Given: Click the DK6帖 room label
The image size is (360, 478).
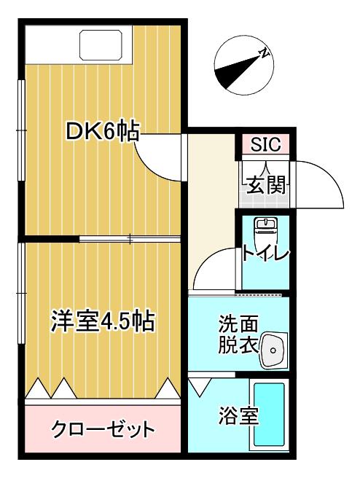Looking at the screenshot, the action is pyautogui.click(x=103, y=131).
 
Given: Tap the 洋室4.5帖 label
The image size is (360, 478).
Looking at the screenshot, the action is pyautogui.click(x=103, y=321).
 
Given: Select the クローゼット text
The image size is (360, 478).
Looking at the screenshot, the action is pyautogui.click(x=103, y=429).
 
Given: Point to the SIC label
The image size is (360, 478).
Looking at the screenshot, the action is pyautogui.click(x=265, y=144).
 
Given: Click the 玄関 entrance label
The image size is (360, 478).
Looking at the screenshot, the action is pyautogui.click(x=266, y=185).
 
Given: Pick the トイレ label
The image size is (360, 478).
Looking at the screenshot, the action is pyautogui.click(x=265, y=254).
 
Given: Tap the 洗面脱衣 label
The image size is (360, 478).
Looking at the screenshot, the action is pyautogui.click(x=239, y=334).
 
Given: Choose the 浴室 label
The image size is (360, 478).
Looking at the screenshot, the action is pyautogui.click(x=239, y=416).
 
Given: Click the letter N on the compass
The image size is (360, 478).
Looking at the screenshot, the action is pyautogui.click(x=264, y=53).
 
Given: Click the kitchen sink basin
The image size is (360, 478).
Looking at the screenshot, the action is pyautogui.click(x=101, y=45).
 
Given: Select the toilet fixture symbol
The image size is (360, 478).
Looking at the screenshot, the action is pyautogui.click(x=266, y=231).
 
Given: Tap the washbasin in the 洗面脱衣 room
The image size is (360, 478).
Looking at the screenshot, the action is pyautogui.click(x=273, y=350).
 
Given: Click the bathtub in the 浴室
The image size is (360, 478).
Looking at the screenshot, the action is pyautogui.click(x=269, y=415).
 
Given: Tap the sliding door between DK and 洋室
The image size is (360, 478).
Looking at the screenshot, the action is pyautogui.click(x=130, y=239).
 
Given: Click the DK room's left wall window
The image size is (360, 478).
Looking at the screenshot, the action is pyautogui.click(x=21, y=130).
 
